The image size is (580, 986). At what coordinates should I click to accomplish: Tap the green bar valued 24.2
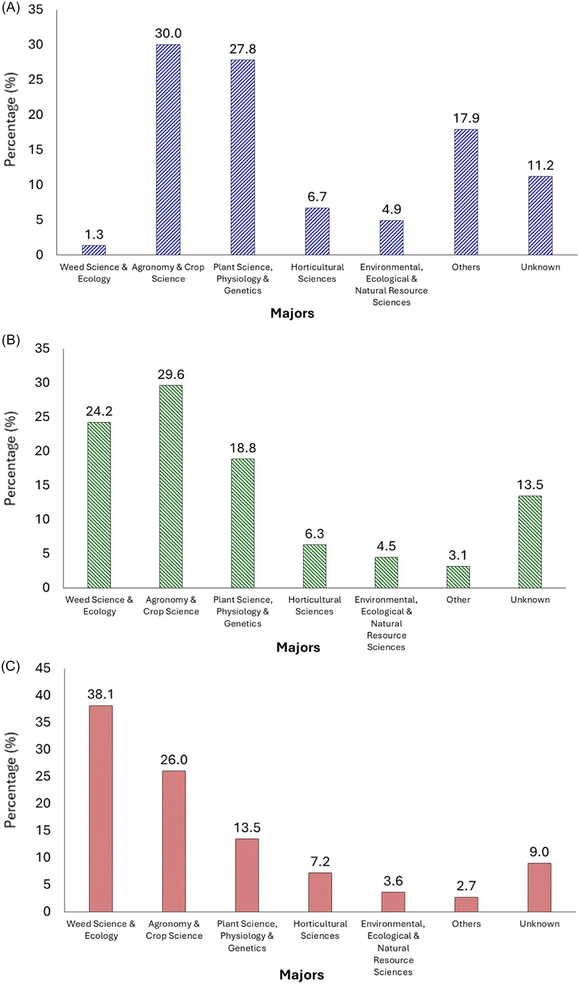pyautogui.click(x=99, y=505)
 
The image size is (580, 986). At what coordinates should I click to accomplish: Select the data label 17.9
pyautogui.click(x=466, y=118)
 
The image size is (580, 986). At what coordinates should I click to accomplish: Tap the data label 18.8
pyautogui.click(x=243, y=448)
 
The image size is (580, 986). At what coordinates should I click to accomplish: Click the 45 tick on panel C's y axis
pyautogui.click(x=43, y=668)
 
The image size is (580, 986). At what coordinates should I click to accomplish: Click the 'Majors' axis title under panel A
pyautogui.click(x=292, y=313)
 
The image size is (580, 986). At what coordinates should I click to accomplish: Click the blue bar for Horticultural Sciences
pyautogui.click(x=317, y=231)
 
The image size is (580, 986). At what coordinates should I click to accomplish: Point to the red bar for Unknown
pyautogui.click(x=539, y=887)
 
